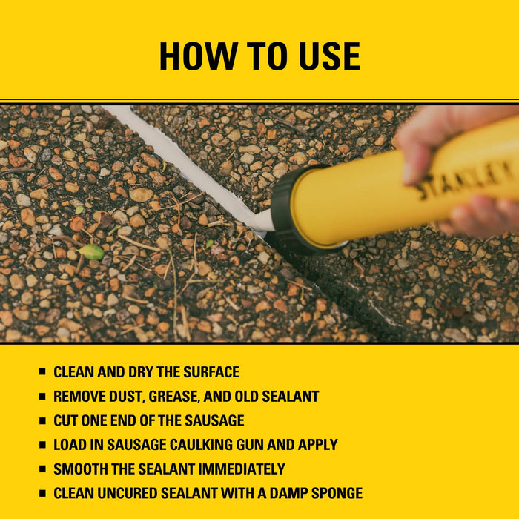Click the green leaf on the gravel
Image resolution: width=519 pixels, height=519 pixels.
point(92,251)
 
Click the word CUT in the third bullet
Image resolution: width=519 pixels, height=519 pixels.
point(66,420)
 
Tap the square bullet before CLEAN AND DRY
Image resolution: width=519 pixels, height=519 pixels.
point(42,372)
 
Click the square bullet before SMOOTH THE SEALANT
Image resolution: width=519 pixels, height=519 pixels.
point(42,469)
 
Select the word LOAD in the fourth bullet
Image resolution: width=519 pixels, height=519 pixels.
point(69,445)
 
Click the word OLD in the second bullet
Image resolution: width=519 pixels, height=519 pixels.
point(251,396)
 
